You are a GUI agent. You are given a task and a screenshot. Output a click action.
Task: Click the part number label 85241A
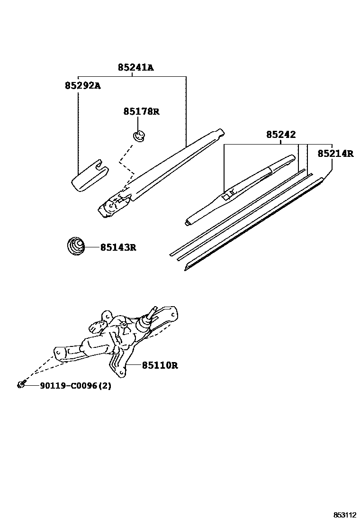click(135, 68)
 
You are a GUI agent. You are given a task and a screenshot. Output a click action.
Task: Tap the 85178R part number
click(141, 112)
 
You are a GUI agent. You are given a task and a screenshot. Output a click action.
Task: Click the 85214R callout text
click(335, 154)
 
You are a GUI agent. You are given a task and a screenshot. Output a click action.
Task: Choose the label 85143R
click(118, 247)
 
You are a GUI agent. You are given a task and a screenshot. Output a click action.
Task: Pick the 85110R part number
click(160, 365)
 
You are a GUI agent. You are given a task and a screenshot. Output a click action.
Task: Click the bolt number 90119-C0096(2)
click(69, 386)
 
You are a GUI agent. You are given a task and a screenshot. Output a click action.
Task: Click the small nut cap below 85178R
click(139, 136)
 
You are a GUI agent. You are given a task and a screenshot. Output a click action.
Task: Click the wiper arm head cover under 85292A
click(89, 177)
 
